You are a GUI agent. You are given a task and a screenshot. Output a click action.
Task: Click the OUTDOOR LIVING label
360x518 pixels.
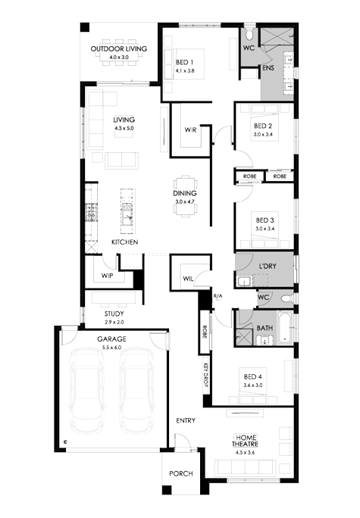[119, 49]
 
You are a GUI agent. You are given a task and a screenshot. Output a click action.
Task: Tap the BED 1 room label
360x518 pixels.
[184, 62]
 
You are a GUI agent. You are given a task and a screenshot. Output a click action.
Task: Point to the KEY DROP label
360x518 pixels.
[205, 375]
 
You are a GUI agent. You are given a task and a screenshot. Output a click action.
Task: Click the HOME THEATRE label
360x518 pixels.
[245, 441]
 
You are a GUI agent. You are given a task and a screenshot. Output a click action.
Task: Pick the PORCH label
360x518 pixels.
[181, 474]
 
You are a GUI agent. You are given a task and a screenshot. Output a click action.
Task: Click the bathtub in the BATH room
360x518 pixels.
[285, 327]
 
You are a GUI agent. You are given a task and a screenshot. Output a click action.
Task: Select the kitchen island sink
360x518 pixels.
[127, 214]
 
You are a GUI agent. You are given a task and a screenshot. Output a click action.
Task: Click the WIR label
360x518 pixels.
[190, 130]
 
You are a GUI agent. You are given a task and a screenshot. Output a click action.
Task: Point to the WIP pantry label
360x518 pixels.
[107, 276]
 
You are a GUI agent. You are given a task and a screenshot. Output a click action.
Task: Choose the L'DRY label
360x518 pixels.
[267, 267]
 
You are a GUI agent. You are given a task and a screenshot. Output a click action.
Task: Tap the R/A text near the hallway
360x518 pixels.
[218, 296]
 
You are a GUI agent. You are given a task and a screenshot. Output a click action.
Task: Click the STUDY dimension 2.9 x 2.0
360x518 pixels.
[114, 322]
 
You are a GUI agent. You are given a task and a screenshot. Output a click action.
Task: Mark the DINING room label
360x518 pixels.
[185, 193]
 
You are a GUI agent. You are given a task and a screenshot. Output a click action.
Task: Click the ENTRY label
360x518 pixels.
[186, 420]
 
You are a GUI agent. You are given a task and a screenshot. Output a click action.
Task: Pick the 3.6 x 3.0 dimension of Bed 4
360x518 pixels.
[253, 385]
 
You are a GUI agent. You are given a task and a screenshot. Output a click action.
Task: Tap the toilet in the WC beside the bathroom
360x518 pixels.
[286, 299]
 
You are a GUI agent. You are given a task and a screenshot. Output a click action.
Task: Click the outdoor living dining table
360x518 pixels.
[119, 52]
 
